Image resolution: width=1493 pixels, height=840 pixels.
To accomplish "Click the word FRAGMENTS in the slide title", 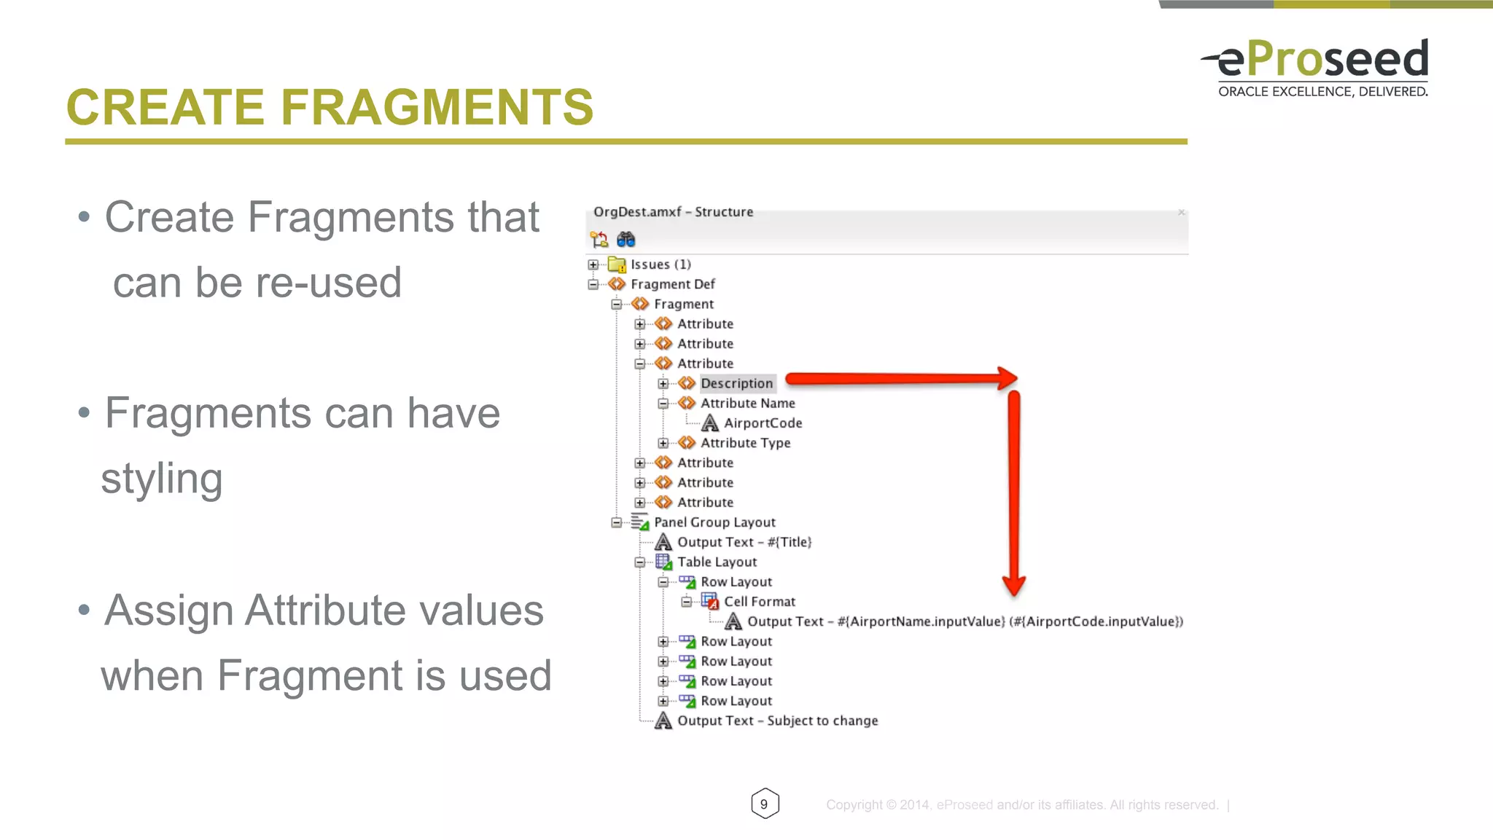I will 437,107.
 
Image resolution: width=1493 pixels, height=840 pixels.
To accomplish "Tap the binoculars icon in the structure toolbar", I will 625,239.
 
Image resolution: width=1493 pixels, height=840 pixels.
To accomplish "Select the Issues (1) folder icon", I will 617,264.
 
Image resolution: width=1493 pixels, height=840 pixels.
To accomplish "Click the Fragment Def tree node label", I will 672,284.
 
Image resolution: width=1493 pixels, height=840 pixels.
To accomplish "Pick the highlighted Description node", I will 736,383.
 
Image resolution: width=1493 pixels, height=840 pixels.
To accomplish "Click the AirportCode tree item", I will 763,423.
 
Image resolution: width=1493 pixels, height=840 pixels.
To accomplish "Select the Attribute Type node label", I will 745,443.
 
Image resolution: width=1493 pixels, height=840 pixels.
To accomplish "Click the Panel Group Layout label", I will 714,522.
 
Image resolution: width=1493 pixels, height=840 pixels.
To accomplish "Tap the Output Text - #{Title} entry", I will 744,542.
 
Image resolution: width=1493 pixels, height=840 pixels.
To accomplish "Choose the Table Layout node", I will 717,562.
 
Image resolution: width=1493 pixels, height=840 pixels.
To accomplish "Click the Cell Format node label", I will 760,602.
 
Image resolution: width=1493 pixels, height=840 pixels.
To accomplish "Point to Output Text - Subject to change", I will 777,721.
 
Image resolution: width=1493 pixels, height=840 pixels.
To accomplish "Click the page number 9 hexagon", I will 764,804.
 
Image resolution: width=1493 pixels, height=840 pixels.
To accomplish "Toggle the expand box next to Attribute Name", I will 663,404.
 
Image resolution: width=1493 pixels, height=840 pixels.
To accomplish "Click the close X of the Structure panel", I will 1181,212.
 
